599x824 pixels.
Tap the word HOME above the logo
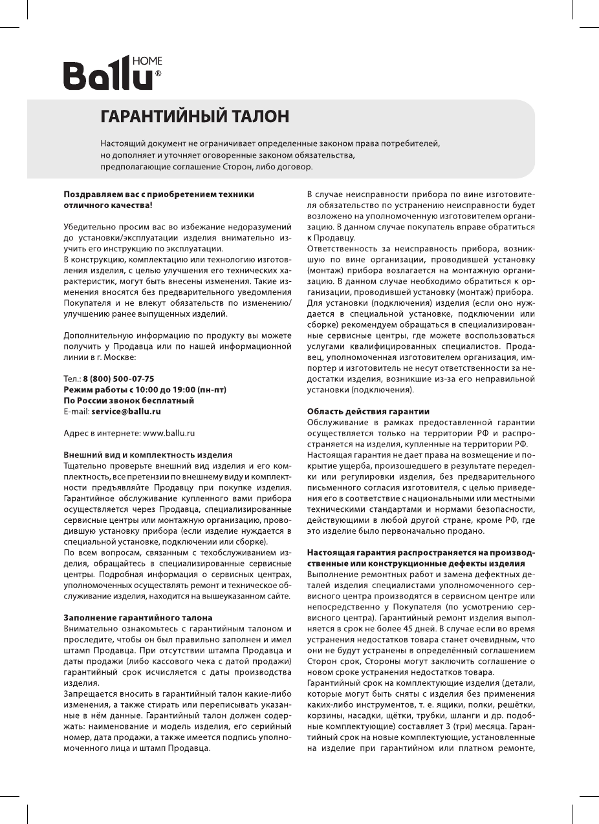tap(147, 62)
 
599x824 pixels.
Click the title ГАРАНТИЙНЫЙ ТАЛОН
tap(194, 116)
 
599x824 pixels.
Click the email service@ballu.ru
tap(126, 411)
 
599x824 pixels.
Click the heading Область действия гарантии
tap(368, 411)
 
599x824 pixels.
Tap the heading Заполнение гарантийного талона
tap(138, 617)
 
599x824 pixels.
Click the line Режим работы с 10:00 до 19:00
tap(144, 390)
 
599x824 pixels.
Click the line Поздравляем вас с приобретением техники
tap(158, 194)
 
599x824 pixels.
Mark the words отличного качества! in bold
tap(108, 205)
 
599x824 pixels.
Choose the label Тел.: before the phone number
tap(72, 379)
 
